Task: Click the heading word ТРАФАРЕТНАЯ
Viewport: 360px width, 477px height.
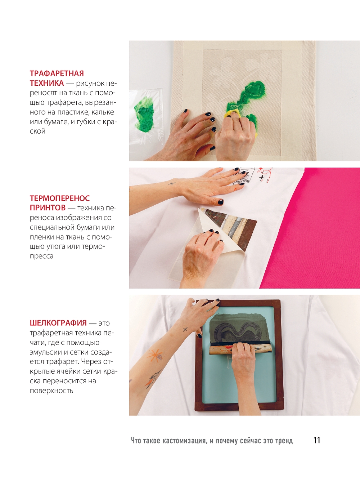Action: [x=57, y=73]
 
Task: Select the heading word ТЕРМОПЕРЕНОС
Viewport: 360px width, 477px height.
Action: [x=60, y=198]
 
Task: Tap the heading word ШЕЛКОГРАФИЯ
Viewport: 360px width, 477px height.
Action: [x=58, y=323]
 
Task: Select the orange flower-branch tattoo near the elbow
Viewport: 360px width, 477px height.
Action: [x=153, y=379]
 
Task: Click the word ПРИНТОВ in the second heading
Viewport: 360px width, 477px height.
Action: [x=48, y=208]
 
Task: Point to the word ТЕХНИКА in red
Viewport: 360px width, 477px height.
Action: [x=47, y=83]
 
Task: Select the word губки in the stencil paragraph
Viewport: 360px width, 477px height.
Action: [x=84, y=122]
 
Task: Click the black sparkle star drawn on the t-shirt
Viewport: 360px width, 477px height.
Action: [x=262, y=178]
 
